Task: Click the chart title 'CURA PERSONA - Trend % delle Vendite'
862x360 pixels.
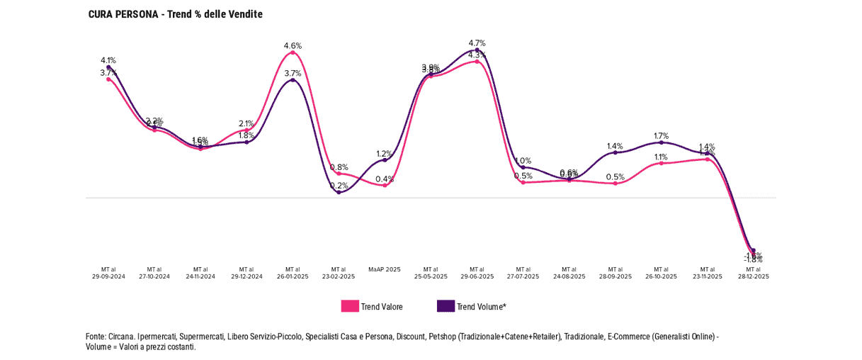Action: [x=175, y=14]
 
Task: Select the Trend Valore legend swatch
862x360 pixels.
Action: [x=350, y=306]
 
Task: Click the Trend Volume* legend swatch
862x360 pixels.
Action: [x=446, y=306]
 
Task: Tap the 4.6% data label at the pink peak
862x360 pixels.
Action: [x=293, y=46]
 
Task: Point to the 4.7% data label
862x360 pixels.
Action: [x=477, y=43]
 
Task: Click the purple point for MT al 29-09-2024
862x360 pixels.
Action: [x=108, y=67]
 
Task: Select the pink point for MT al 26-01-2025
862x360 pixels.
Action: [x=293, y=52]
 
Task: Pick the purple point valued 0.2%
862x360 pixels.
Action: [x=339, y=192]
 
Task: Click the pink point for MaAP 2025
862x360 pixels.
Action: [x=385, y=185]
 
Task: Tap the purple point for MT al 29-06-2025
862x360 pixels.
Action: [x=477, y=50]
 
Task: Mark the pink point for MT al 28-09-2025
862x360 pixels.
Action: [x=615, y=184]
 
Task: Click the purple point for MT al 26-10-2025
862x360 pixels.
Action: [x=661, y=142]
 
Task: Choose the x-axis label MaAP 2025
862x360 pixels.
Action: [x=385, y=269]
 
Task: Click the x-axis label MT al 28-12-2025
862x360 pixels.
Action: [x=753, y=273]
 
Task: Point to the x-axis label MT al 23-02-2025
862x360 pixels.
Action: [x=339, y=273]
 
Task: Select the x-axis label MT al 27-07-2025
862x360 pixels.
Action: [x=523, y=273]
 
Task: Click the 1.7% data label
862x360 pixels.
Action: [x=661, y=135]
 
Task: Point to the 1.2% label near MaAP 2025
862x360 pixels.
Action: [x=384, y=154]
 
